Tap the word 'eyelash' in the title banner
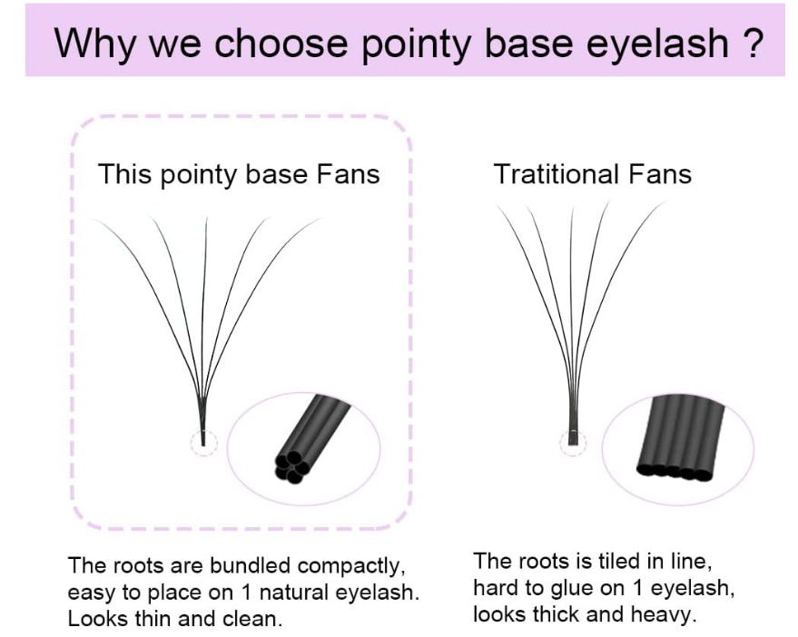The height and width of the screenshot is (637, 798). click(x=657, y=44)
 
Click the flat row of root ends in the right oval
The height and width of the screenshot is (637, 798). click(x=674, y=472)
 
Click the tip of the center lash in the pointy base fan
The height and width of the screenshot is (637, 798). click(x=207, y=218)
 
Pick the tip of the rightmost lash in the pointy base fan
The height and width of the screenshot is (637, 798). click(x=321, y=219)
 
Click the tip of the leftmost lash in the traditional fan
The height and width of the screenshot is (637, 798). click(x=497, y=206)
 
